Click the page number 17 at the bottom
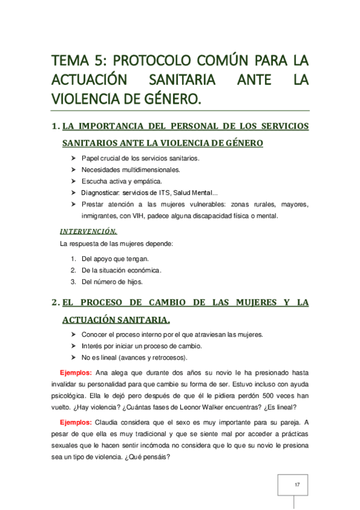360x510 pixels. (x=297, y=484)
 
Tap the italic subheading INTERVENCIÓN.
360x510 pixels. (x=88, y=231)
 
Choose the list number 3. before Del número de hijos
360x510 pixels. (x=73, y=281)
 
